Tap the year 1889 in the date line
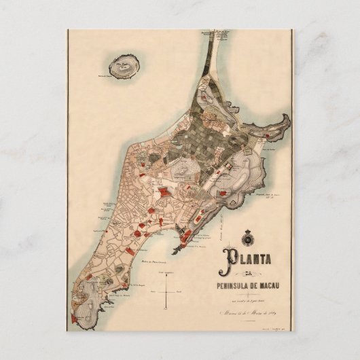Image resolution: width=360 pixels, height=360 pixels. (x=276, y=312)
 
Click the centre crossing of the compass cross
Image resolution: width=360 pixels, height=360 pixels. (x=167, y=289)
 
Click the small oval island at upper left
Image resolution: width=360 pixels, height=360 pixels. (x=125, y=66)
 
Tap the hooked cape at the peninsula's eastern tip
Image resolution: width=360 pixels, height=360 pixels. (x=283, y=122)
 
